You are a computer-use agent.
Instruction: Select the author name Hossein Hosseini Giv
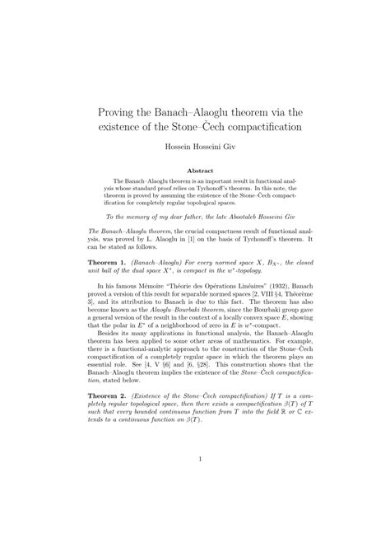pos(195,150)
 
